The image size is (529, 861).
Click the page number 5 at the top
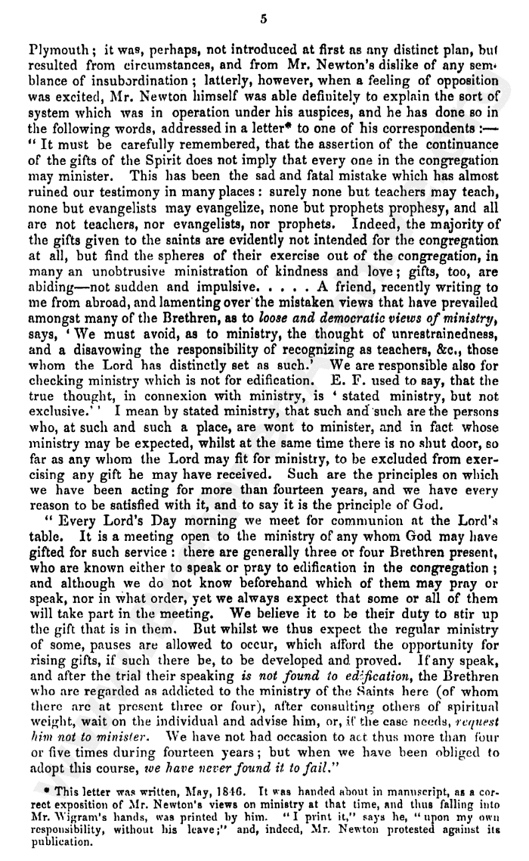pyautogui.click(x=262, y=19)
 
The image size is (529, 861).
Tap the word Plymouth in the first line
pyautogui.click(x=54, y=54)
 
